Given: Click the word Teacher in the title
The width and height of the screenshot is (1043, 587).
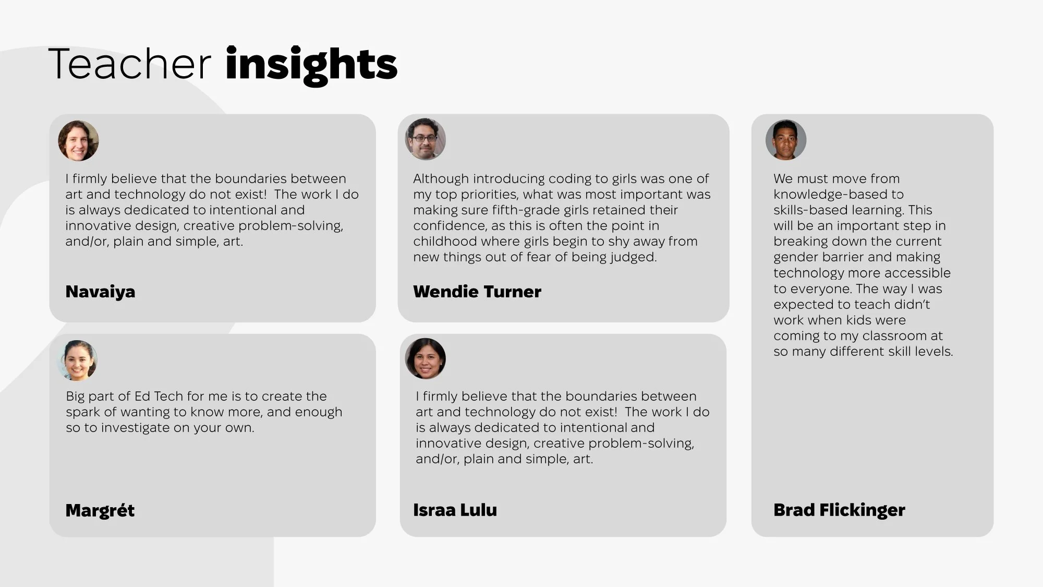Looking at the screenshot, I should tap(129, 64).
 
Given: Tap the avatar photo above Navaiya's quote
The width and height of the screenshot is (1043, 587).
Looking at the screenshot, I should tap(78, 141).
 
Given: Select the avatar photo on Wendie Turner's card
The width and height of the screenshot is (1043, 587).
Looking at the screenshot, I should tap(426, 139).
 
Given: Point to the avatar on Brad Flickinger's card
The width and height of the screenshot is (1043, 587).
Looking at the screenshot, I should tap(786, 140).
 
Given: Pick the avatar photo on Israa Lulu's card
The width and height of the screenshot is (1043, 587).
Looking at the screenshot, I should tap(426, 358).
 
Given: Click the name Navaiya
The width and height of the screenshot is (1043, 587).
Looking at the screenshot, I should tap(100, 292).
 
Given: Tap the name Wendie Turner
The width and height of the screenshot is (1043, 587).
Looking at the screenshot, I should tap(477, 292).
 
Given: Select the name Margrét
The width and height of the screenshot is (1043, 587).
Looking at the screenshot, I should tap(100, 510).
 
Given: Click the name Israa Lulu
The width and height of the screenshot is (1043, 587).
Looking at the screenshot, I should tap(455, 510).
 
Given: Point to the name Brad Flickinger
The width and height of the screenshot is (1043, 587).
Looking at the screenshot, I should tap(839, 510).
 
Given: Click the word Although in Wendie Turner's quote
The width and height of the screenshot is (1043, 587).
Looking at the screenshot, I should tap(441, 179).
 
